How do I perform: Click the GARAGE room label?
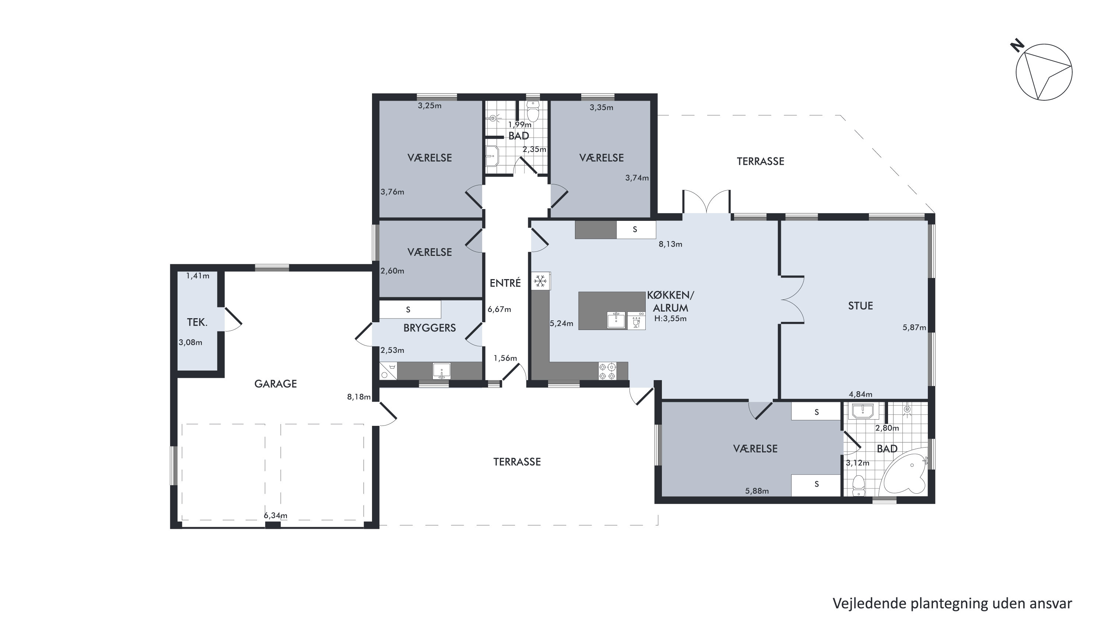click(x=276, y=384)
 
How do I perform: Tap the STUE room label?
click(x=860, y=306)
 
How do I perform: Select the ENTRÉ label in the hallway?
click(x=505, y=283)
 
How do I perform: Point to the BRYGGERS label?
click(x=429, y=328)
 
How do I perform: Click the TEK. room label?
click(x=197, y=322)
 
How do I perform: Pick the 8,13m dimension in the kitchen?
click(x=670, y=244)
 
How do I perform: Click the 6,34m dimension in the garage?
click(x=276, y=515)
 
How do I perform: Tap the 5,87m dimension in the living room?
click(x=914, y=327)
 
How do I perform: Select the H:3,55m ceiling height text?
click(x=670, y=319)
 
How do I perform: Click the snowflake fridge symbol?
click(x=540, y=282)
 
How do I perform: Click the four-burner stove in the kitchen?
click(x=607, y=371)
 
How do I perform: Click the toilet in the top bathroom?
click(x=533, y=112)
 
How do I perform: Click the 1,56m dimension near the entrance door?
click(x=505, y=358)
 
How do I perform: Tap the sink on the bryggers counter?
click(x=441, y=371)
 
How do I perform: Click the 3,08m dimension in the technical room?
click(x=190, y=343)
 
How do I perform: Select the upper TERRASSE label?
click(x=761, y=161)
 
